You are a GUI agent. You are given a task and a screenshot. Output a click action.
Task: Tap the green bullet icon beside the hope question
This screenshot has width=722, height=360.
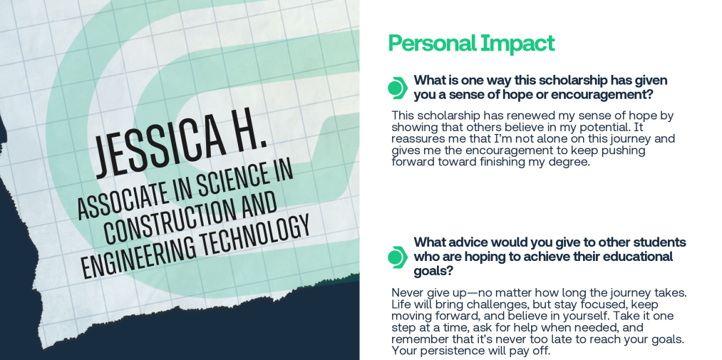[398, 88]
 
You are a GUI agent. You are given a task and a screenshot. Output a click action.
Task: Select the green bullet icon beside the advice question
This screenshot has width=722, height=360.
[398, 257]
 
